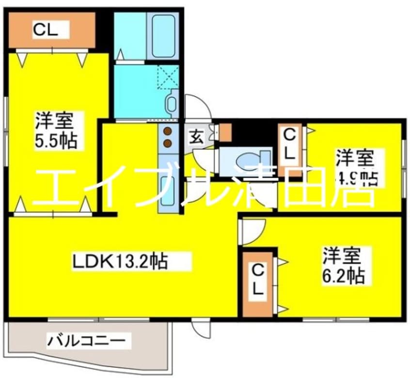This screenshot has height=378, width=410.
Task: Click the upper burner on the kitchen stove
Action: [x=168, y=131]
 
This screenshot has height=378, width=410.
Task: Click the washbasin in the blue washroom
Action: [x=172, y=103]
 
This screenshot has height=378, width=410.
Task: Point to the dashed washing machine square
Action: [x=168, y=76]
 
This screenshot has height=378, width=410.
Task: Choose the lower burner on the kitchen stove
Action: [x=168, y=142]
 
